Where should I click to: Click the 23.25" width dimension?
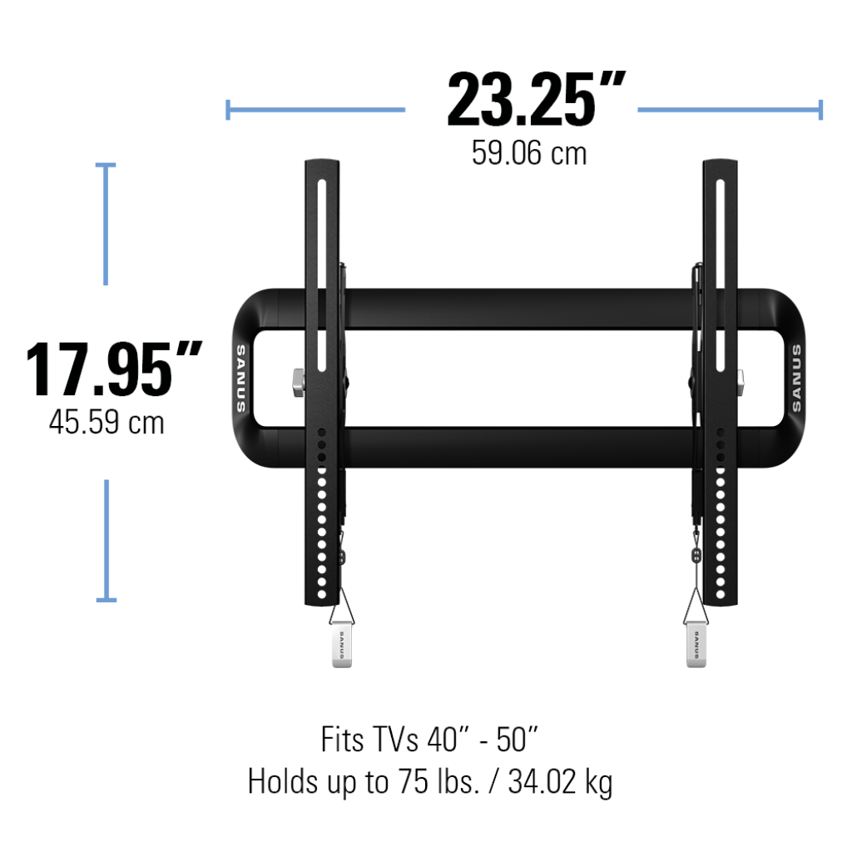(x=535, y=102)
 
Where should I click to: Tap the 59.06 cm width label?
(x=528, y=153)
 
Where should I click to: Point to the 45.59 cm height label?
(x=106, y=422)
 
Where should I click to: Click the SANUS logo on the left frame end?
(x=240, y=379)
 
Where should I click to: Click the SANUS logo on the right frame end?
(x=796, y=379)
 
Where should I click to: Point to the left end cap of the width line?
(x=228, y=109)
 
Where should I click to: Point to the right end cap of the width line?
(x=821, y=109)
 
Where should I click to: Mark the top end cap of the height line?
(x=106, y=166)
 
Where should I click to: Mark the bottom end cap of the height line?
(x=106, y=599)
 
